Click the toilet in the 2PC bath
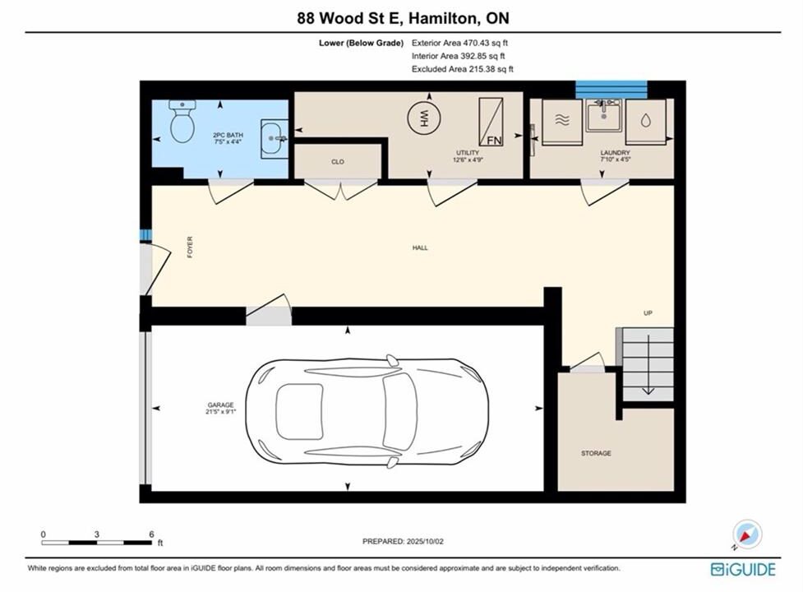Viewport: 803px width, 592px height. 182,122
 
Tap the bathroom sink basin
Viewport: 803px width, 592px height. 274,139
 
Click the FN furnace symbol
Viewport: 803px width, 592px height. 491,122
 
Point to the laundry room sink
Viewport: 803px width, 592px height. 604,116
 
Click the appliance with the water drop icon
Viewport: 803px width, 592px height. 645,122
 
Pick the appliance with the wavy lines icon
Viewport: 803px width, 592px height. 562,122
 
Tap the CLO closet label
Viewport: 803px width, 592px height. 338,162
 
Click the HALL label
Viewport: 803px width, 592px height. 420,247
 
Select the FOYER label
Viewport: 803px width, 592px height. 190,247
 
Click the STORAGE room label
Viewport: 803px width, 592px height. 596,453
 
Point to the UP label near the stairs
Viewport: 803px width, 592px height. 648,313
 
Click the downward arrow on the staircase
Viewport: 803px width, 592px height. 648,364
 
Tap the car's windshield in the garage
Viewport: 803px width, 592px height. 399,411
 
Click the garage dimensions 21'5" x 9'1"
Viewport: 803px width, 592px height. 221,411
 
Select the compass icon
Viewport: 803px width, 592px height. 747,534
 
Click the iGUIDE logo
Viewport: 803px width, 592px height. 743,570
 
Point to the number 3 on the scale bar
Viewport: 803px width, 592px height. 97,534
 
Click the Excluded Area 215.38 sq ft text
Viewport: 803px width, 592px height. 463,69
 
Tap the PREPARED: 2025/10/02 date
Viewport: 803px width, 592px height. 403,541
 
